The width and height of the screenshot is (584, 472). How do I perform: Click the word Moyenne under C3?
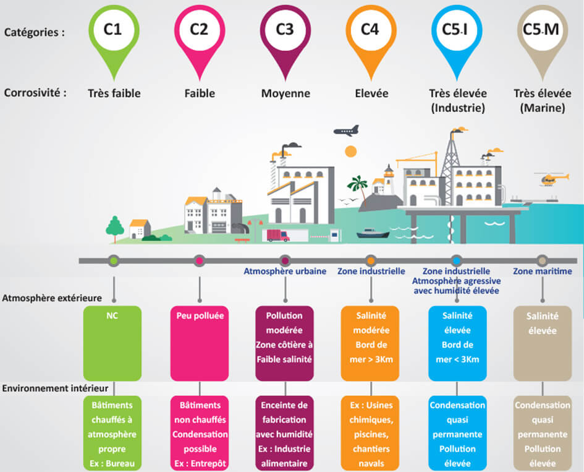[286, 93]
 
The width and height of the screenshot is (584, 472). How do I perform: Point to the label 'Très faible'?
[114, 93]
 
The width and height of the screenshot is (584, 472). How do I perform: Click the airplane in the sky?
[346, 131]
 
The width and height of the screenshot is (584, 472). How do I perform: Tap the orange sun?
[351, 152]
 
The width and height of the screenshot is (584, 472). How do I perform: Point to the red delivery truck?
[278, 236]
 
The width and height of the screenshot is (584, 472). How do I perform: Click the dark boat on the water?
[373, 233]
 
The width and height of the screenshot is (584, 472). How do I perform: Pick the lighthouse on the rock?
[389, 179]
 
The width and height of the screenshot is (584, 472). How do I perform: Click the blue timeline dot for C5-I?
[457, 260]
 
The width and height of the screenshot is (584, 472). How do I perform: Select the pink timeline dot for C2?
[200, 260]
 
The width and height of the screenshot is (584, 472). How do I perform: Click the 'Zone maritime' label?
[543, 271]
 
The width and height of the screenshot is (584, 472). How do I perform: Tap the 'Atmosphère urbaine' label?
[285, 271]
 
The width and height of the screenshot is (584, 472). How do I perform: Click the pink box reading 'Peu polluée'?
[200, 343]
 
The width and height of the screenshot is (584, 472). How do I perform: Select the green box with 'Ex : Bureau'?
[112, 433]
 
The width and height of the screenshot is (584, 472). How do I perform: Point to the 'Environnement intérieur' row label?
[55, 388]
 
